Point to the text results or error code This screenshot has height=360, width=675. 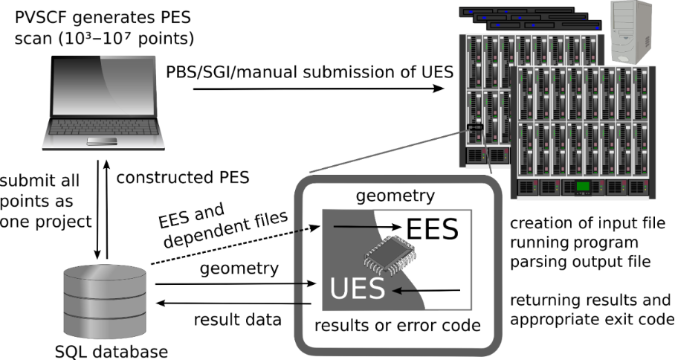point(395,326)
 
